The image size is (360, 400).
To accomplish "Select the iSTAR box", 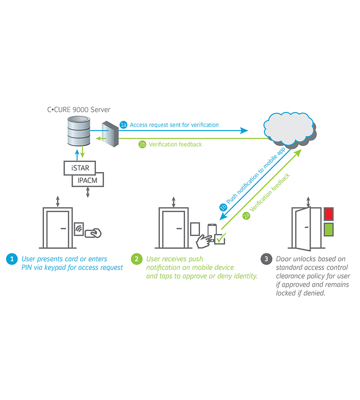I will click(x=80, y=168).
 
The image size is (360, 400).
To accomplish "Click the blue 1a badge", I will click(x=123, y=124).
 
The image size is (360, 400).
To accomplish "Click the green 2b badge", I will click(x=142, y=144).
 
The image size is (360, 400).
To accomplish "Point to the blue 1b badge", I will click(x=223, y=207).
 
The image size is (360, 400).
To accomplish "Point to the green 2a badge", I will click(x=246, y=215).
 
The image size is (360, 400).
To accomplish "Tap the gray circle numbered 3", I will click(x=266, y=259).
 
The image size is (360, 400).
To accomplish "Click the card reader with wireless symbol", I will click(x=79, y=229).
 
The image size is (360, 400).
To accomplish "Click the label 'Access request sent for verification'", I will click(x=174, y=125).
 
